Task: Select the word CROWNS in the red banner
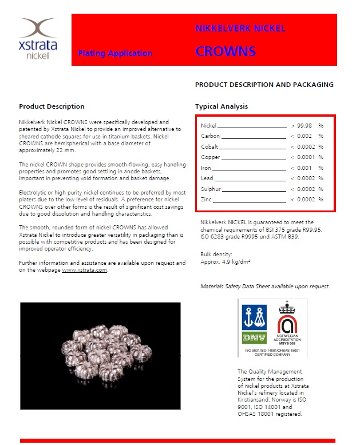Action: click(x=225, y=51)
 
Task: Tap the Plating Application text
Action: click(x=115, y=53)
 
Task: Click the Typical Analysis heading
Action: click(x=221, y=106)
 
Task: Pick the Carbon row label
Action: click(x=210, y=136)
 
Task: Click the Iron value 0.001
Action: click(x=304, y=168)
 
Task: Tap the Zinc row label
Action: click(x=207, y=199)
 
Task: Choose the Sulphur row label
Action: click(x=211, y=189)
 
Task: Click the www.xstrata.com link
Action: click(x=85, y=269)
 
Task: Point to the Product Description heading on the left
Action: click(x=52, y=106)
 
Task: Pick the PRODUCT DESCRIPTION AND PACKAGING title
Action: click(x=264, y=85)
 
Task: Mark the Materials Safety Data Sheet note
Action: click(x=265, y=286)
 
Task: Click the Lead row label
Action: click(x=207, y=178)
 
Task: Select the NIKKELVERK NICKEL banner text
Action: click(x=240, y=29)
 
